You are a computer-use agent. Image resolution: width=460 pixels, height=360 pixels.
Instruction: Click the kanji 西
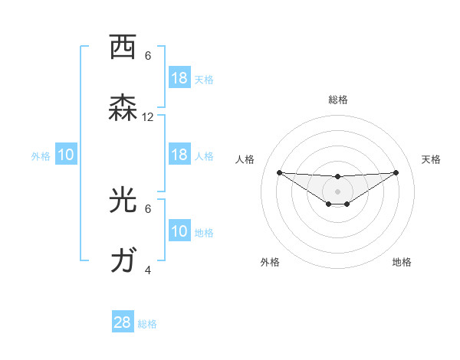tap(123, 47)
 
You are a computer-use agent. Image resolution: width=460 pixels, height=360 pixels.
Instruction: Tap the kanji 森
tap(123, 109)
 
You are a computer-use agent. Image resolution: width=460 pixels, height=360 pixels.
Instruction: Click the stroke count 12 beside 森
tap(148, 117)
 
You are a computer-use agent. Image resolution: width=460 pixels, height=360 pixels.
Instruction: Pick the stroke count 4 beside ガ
tap(148, 270)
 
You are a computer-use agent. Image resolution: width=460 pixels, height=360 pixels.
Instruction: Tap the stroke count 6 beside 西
tap(148, 56)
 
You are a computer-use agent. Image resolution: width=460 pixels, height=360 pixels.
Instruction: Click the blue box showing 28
tap(123, 322)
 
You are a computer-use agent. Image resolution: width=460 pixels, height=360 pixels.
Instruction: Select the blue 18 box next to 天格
tap(179, 78)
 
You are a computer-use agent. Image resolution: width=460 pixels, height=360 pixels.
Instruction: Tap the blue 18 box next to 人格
tap(179, 155)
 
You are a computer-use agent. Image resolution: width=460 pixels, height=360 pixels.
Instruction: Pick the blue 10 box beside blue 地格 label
tap(179, 231)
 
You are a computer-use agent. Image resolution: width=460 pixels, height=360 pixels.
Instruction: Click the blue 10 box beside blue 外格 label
tap(66, 155)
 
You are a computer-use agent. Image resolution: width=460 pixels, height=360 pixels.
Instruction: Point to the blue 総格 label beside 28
tap(148, 324)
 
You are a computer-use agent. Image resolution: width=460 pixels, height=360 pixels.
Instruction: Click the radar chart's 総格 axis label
tap(338, 100)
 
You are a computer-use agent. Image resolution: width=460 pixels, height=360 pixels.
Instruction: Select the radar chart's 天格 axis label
tap(431, 159)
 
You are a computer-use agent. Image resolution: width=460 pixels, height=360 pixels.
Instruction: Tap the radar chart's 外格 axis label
tap(270, 262)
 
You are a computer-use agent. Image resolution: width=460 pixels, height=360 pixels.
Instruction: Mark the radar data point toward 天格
tap(396, 172)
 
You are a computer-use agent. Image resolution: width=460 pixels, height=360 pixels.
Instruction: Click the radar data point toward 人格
tap(279, 172)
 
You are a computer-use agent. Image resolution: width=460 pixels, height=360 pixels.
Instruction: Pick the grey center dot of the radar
tap(337, 191)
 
